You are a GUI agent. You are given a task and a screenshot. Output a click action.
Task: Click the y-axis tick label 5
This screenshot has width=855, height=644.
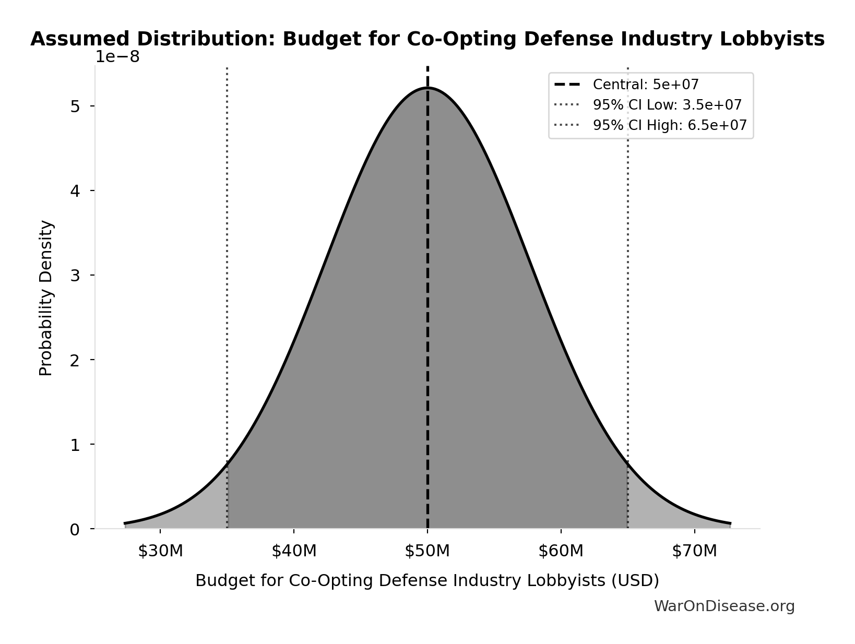point(75,106)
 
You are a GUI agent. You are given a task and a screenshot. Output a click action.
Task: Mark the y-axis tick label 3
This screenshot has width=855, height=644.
point(75,276)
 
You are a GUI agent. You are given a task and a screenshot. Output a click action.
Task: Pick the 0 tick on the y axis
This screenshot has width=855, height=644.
point(75,530)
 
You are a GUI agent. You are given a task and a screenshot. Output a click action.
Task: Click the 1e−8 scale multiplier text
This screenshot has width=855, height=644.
point(117,57)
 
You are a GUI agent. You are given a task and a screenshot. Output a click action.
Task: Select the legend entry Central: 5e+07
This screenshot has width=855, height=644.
point(645,85)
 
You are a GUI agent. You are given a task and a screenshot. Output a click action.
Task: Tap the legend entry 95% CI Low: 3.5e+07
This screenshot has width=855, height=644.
point(667,105)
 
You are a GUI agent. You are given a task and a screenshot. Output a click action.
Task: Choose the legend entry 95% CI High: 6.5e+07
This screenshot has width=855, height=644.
point(669,125)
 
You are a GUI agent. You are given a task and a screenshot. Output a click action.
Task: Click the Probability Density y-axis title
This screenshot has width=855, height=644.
point(46,297)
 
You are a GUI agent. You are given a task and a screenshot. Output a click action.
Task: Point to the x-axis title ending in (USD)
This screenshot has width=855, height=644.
point(427,580)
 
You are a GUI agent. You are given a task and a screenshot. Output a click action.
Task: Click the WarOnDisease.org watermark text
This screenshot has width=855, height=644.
point(724,606)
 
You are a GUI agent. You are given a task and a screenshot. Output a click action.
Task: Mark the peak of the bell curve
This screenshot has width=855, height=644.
point(427,88)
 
